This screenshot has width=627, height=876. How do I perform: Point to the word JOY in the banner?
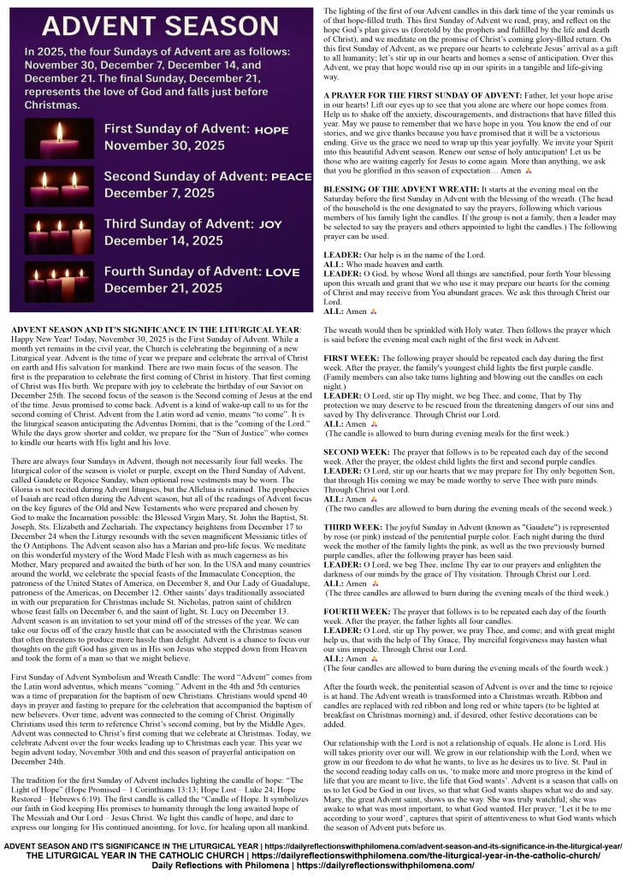pyautogui.click(x=269, y=224)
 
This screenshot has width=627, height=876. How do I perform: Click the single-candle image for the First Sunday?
pyautogui.click(x=59, y=139)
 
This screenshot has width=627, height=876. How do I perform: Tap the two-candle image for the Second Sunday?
pyautogui.click(x=59, y=186)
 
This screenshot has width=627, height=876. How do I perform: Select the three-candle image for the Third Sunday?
pyautogui.click(x=59, y=234)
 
